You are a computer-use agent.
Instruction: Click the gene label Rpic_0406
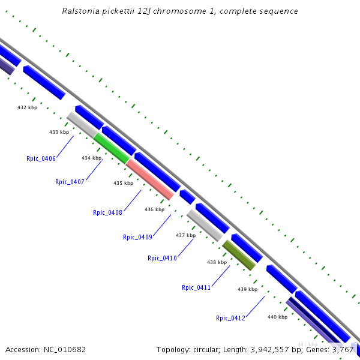coord(41,158)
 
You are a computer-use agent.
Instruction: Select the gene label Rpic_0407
coord(70,182)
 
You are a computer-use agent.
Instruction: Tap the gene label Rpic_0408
coord(107,212)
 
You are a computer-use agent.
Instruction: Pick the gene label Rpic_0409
coord(137,237)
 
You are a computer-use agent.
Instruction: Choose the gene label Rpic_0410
coord(162,258)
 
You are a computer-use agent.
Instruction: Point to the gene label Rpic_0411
coord(196,287)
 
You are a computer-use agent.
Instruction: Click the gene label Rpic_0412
coord(230,318)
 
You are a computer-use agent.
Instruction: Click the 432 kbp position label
coord(27,108)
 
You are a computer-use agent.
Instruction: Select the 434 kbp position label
coord(91,158)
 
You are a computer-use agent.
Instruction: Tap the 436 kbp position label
coord(154,209)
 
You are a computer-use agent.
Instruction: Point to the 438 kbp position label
coord(217,262)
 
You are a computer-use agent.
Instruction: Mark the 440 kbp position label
coord(277,317)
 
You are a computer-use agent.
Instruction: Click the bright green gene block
coord(111,148)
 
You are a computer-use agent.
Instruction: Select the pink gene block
coord(150,179)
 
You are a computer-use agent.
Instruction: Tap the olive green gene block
coord(239,255)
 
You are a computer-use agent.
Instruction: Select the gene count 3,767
coord(343,349)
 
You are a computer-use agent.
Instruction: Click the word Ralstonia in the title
coord(82,11)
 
